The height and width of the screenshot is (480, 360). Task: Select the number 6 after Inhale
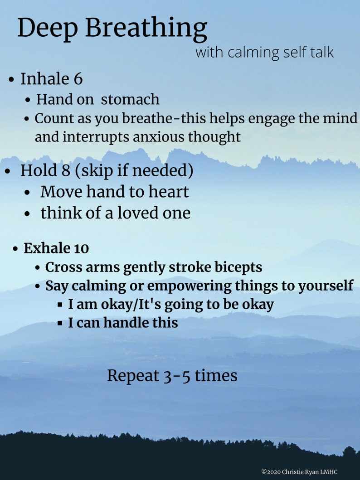(78, 79)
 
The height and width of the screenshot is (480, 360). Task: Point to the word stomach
(130, 99)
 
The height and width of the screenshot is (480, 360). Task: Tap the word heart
(166, 192)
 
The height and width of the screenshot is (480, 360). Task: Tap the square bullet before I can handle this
(60, 323)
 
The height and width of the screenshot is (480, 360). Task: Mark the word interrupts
(96, 136)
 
